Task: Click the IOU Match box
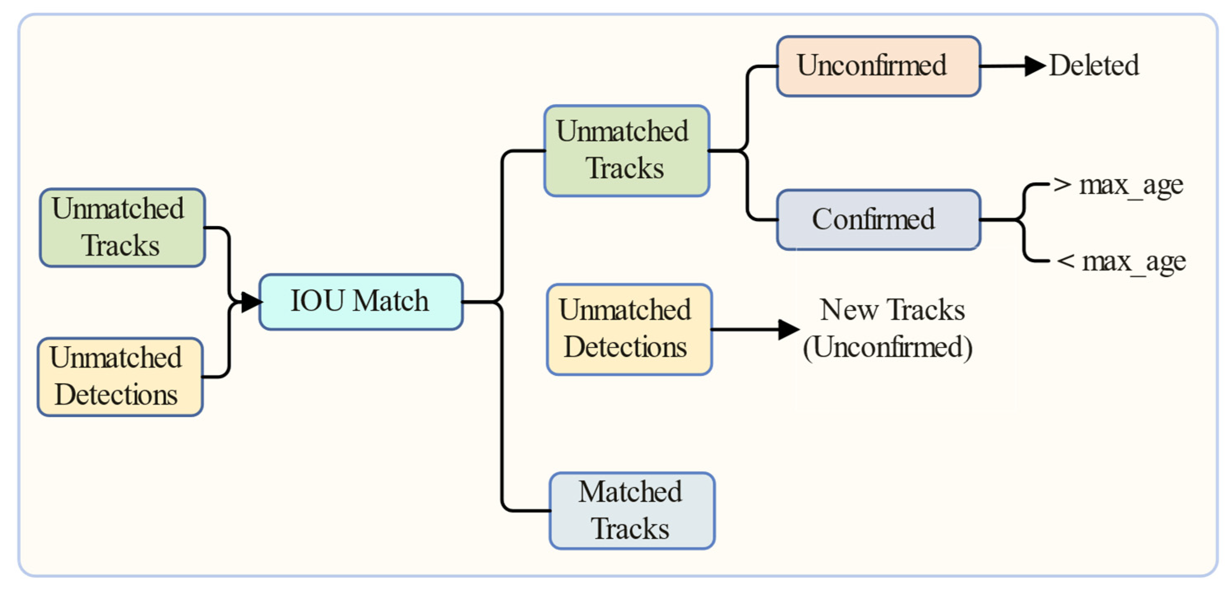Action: point(361,302)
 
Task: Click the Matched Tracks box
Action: point(631,510)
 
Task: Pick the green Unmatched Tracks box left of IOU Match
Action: point(123,227)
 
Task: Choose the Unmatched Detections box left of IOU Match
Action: point(120,377)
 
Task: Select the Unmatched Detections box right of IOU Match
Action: point(629,329)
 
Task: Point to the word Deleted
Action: point(1093,65)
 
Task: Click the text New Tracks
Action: point(892,310)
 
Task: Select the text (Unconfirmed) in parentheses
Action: point(887,347)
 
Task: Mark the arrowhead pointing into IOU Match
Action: point(250,302)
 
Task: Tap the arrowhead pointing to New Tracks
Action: point(788,329)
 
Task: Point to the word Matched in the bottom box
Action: point(630,492)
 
